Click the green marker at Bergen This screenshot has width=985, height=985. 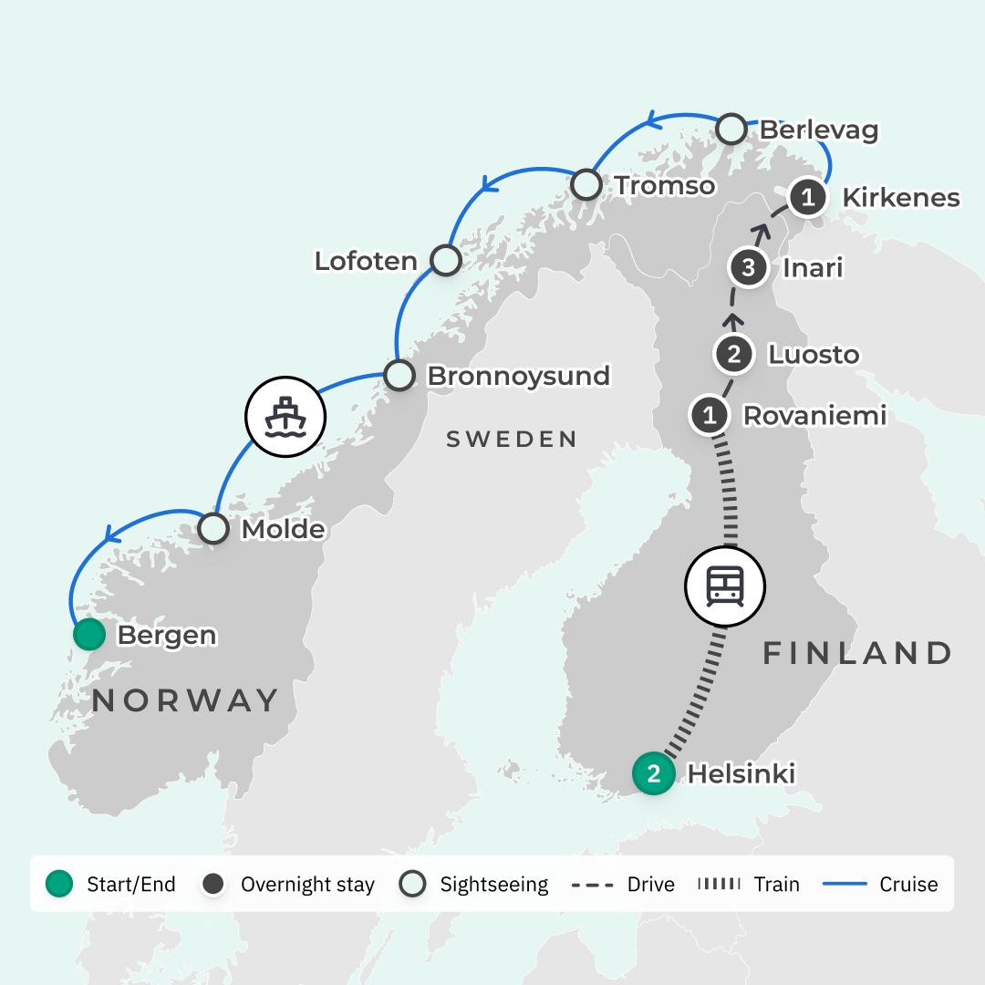click(x=88, y=635)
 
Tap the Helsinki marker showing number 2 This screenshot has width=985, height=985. click(x=653, y=774)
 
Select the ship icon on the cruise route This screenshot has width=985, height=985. click(x=285, y=417)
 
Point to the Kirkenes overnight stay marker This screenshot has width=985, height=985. click(x=807, y=197)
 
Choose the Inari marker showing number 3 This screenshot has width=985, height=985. click(x=749, y=268)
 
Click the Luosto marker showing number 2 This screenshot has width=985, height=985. click(x=734, y=355)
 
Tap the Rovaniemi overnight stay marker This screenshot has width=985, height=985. click(x=710, y=416)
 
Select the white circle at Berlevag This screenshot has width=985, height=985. click(x=731, y=130)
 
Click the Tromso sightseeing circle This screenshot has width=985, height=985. click(x=586, y=185)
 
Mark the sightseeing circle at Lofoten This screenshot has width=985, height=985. click(x=445, y=260)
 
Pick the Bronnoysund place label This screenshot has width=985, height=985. click(x=518, y=376)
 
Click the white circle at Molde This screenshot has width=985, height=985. click(x=213, y=528)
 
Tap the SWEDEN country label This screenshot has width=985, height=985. click(x=511, y=440)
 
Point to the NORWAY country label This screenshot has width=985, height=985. click(x=184, y=700)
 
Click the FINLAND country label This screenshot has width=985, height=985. click(x=857, y=653)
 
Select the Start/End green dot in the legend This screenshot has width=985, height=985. click(x=59, y=884)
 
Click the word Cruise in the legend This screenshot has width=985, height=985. click(x=908, y=884)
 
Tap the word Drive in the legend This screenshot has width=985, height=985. click(x=651, y=884)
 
